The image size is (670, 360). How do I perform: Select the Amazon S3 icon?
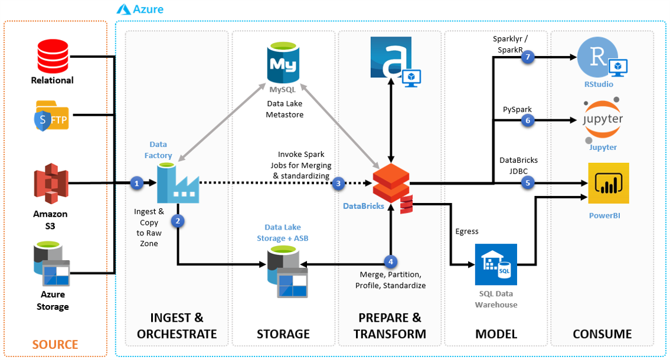50,184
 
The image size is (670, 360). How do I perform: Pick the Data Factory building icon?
178,184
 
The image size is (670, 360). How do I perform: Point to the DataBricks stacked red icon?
391,185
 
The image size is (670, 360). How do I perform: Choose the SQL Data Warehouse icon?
496,264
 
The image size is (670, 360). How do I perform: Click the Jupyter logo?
603,121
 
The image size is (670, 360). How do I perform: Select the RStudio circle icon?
597,58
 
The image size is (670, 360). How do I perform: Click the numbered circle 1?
137,184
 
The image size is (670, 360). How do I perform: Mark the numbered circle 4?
389,261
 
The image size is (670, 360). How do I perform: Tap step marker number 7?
527,57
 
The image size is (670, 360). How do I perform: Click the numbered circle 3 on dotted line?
338,184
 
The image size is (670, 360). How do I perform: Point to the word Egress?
467,231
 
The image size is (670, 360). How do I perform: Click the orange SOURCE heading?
55,344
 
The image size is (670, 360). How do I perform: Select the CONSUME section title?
602,334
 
